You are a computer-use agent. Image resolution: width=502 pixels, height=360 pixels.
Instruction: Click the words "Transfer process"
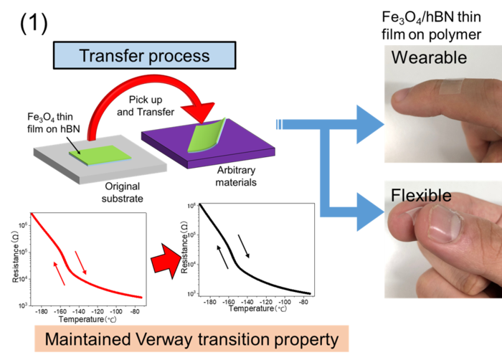143,55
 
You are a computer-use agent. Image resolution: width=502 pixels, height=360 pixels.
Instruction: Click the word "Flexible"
422,195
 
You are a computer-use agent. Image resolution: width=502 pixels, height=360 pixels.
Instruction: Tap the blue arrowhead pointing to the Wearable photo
369,124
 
